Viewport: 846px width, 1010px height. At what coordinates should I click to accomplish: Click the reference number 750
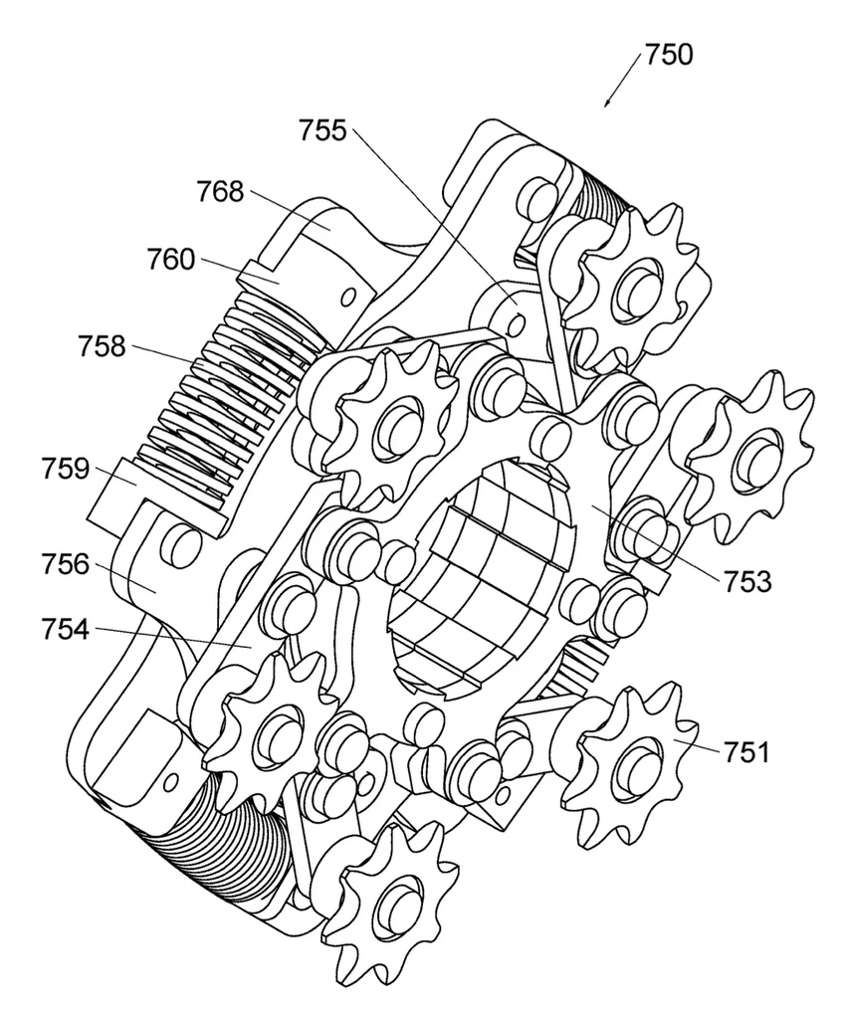click(669, 55)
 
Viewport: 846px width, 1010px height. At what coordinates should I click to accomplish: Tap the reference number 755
click(322, 130)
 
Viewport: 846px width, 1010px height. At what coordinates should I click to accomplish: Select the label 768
click(220, 192)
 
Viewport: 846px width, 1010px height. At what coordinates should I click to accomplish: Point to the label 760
click(171, 260)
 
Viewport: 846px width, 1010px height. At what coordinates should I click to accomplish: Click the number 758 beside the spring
click(102, 346)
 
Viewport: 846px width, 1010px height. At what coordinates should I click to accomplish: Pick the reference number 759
click(65, 469)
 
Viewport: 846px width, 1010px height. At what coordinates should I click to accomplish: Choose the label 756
click(65, 564)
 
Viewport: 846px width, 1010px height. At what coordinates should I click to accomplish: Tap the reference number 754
click(65, 629)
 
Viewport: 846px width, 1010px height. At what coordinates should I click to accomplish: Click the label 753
click(747, 582)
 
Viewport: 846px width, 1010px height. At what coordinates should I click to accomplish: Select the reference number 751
click(746, 751)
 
